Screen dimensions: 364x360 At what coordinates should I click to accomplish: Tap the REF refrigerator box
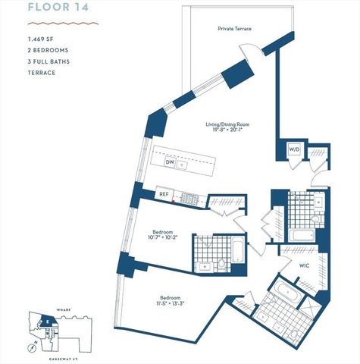(164, 194)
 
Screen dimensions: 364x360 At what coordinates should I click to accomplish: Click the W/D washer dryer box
(294, 149)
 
